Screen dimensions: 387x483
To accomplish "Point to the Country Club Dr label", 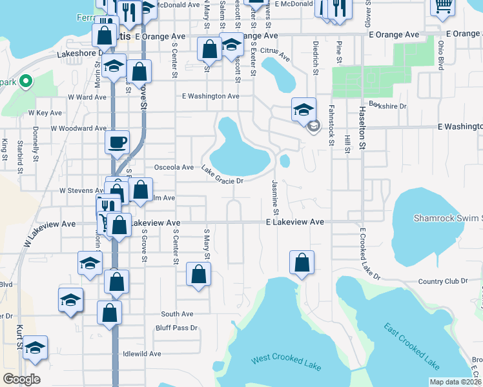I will (x=442, y=281).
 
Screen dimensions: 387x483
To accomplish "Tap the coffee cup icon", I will (x=117, y=142).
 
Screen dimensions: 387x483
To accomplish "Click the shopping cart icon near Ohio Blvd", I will (x=443, y=6).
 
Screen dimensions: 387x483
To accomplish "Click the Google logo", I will (x=21, y=379).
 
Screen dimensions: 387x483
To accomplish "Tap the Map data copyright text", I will (x=455, y=382).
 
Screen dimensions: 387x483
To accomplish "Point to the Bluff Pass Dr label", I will (x=176, y=328).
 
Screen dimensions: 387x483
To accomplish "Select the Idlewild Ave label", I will (x=141, y=354).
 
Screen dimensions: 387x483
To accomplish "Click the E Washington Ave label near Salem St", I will (x=211, y=96).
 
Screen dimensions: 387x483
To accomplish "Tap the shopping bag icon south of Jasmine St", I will (x=302, y=263).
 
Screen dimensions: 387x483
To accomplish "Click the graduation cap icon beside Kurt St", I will (x=36, y=347).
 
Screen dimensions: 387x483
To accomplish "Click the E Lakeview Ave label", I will (x=294, y=221).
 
